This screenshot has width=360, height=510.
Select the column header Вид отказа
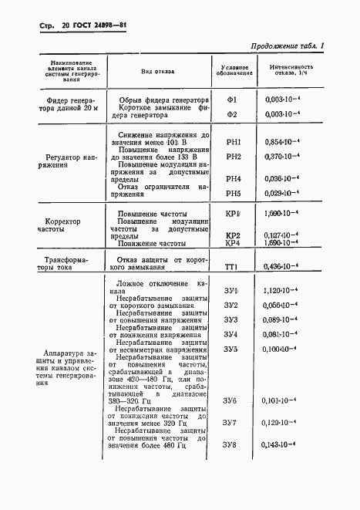(x=157, y=71)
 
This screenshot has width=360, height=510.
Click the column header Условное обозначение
(x=232, y=70)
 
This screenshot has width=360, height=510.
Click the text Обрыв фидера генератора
(x=163, y=100)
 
